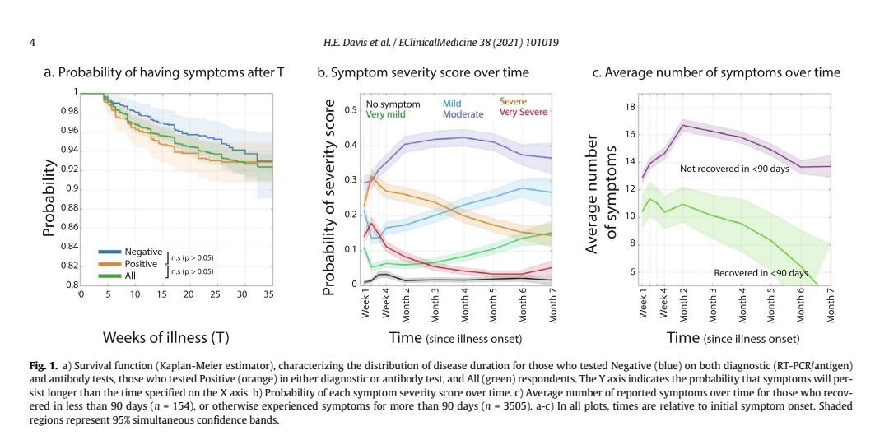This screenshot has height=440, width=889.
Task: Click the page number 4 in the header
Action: coord(31,42)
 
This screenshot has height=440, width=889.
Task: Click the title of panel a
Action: coord(164,72)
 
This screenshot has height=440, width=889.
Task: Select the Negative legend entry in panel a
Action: coord(143,249)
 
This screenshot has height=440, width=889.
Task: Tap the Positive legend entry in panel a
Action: coord(141,263)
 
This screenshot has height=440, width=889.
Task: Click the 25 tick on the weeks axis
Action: coord(215,294)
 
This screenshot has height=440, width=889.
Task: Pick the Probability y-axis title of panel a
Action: coord(49,197)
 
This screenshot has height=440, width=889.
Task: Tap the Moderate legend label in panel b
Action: coord(463,115)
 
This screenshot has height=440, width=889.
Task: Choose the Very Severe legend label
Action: coord(524,112)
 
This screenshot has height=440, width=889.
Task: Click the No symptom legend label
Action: coord(393,104)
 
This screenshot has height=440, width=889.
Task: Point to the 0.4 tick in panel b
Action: coord(350,146)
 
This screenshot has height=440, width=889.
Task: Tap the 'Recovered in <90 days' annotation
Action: coord(761,272)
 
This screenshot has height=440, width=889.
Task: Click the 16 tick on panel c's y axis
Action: coord(631,134)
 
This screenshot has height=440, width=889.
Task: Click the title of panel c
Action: coord(716,72)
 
